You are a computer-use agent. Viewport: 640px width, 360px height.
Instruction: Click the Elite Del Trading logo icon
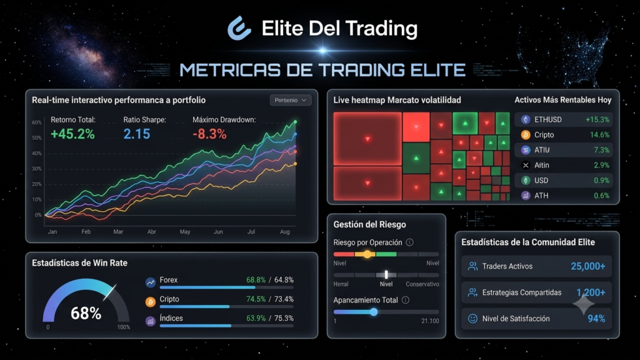click(239, 28)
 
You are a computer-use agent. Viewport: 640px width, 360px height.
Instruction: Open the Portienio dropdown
click(290, 100)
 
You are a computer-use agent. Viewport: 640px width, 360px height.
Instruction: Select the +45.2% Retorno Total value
click(72, 134)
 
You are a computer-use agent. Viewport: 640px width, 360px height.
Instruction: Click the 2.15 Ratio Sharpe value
click(137, 134)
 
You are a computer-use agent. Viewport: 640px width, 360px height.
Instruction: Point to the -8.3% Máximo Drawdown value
click(209, 134)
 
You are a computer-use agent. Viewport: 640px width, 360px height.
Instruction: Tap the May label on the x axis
click(185, 232)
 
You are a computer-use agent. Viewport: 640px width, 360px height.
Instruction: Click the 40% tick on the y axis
click(37, 154)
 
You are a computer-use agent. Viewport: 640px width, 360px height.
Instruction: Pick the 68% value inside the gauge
click(86, 314)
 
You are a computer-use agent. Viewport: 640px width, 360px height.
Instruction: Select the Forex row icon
click(151, 282)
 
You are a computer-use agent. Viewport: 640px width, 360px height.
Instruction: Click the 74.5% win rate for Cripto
click(256, 299)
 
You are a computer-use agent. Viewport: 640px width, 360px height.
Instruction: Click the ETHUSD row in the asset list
click(564, 119)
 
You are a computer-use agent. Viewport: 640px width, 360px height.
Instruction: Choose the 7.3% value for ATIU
click(601, 150)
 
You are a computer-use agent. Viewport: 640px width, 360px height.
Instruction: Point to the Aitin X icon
click(526, 165)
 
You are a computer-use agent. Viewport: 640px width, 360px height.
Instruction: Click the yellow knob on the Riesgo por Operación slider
click(367, 254)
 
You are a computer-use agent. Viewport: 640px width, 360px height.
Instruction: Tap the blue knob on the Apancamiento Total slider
click(374, 312)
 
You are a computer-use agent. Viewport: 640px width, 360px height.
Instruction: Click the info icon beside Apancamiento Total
click(405, 300)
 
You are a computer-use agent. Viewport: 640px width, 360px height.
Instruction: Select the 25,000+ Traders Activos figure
click(587, 266)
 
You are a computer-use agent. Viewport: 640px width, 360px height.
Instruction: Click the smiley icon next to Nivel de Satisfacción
click(472, 319)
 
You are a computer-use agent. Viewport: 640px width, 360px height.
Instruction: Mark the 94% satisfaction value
click(596, 319)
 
